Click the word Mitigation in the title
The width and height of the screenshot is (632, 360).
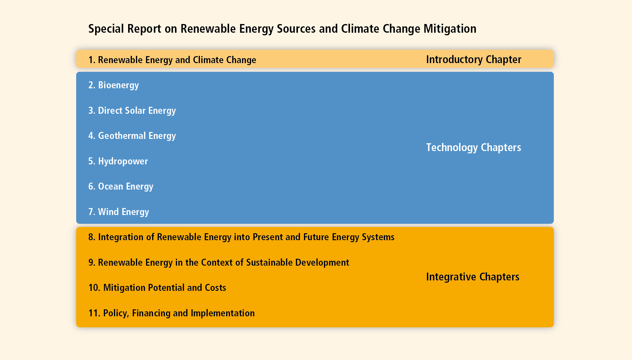450,29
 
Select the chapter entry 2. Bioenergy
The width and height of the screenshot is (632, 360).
114,85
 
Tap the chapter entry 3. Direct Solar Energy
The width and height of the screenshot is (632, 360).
132,111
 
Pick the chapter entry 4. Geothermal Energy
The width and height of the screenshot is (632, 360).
132,136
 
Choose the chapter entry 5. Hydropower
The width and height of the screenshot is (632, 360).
118,161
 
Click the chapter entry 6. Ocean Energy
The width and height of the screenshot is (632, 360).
121,187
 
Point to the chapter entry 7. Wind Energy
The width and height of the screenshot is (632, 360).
119,212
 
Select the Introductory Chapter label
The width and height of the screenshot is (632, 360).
473,60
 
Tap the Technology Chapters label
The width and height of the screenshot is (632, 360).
473,148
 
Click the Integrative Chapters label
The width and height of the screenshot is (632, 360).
473,277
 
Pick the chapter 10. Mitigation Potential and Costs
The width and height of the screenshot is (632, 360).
157,288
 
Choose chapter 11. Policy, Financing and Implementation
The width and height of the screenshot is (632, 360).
172,313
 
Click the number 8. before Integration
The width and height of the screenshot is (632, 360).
92,237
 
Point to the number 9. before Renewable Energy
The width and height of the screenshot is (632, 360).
92,262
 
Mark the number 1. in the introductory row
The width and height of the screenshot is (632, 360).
92,60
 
